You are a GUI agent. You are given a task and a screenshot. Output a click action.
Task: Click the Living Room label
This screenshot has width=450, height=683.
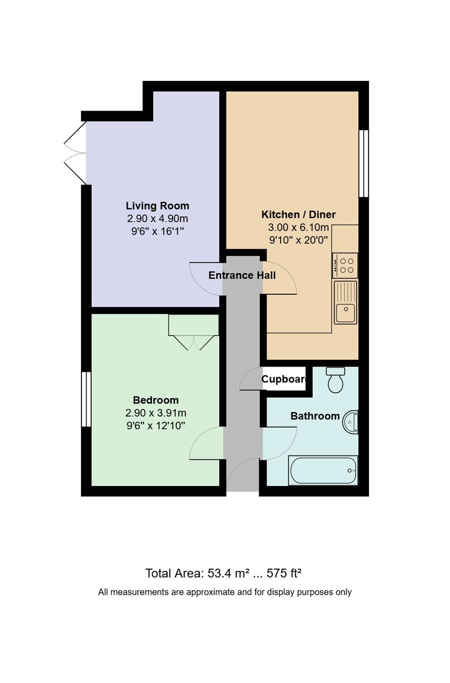[157, 206]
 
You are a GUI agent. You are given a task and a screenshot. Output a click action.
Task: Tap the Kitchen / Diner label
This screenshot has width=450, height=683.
[298, 215]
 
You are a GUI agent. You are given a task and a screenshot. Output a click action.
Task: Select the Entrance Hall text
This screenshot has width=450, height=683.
[242, 275]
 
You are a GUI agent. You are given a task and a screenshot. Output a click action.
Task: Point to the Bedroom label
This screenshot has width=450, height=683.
[156, 400]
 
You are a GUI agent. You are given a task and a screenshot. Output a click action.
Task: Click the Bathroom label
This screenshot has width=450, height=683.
[315, 416]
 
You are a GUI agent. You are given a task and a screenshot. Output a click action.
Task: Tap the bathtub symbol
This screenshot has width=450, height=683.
[323, 471]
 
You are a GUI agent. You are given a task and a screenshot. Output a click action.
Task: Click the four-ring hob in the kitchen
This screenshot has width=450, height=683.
[345, 266]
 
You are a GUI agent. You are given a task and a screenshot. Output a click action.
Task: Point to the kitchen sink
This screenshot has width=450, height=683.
[345, 302]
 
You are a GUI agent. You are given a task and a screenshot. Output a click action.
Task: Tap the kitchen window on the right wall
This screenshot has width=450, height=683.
[363, 164]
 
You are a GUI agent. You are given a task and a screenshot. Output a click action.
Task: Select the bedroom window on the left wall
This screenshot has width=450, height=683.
[86, 398]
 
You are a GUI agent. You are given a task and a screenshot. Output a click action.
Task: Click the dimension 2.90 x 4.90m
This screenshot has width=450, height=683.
[157, 219]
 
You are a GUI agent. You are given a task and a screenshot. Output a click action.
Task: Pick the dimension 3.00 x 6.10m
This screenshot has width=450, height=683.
[298, 227]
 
